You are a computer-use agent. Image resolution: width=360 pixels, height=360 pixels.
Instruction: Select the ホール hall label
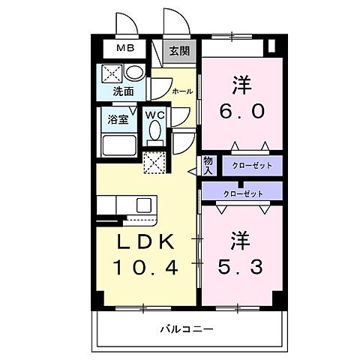181,91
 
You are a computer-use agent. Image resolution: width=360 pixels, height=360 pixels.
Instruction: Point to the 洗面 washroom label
123,92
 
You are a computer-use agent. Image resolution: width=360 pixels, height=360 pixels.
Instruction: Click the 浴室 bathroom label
118,119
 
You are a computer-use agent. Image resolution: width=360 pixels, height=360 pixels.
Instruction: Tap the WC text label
155,115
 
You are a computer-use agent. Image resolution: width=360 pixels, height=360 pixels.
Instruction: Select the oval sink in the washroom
134,73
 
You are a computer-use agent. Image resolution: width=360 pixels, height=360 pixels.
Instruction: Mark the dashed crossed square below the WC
154,162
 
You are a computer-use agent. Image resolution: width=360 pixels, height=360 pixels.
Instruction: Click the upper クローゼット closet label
241,165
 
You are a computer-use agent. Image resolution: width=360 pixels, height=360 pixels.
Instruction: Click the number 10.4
145,266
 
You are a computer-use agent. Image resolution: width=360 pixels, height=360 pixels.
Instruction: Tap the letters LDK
145,241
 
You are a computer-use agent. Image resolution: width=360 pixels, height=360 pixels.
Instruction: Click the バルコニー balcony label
187,328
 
